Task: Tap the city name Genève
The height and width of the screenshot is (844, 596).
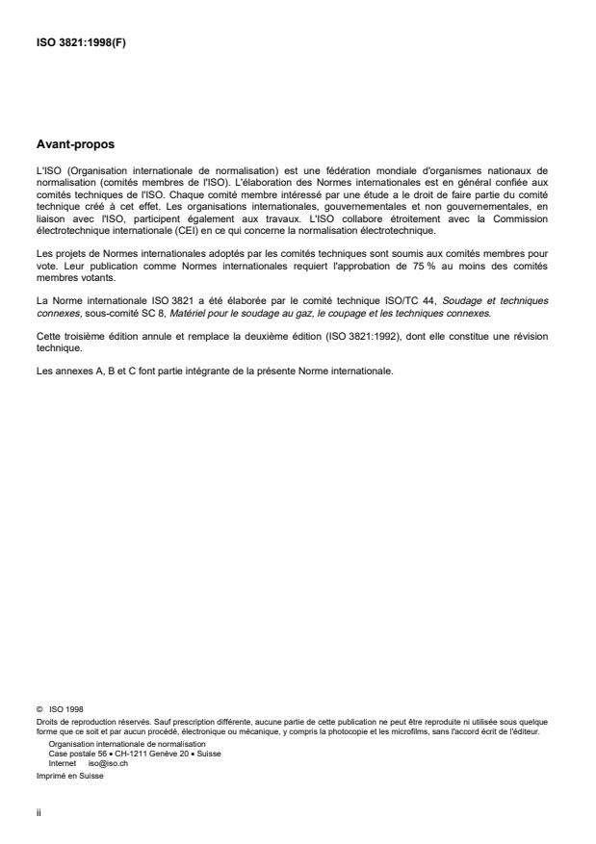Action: click(153, 753)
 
